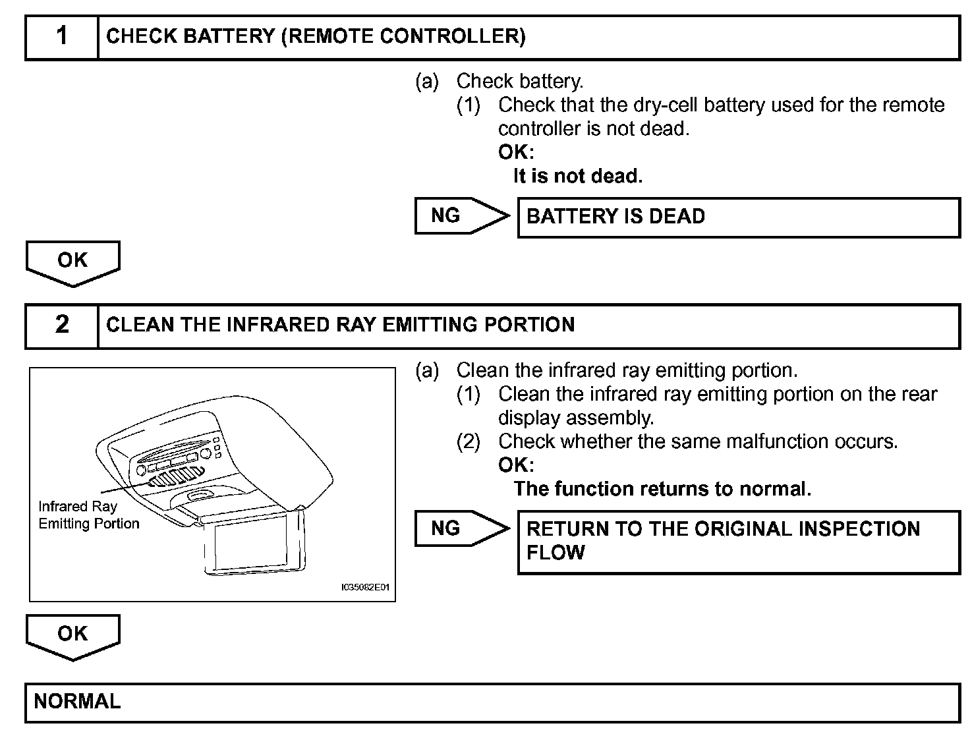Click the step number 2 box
62,325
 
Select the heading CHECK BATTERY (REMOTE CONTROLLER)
316,37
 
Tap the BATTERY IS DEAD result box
738,217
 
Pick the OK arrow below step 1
72,262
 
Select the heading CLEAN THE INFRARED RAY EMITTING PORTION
340,325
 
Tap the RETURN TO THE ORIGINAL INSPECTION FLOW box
738,541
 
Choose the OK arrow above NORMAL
72,635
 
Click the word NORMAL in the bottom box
77,701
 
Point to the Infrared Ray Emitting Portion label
88,515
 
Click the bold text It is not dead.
577,177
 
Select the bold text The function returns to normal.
662,489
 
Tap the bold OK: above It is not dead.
516,152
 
